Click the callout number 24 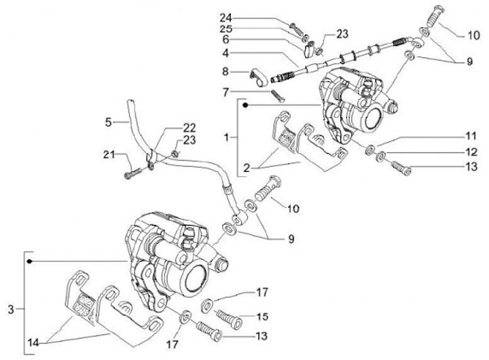click(225, 17)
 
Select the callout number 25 click(225, 29)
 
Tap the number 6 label click(225, 41)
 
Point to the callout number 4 click(225, 54)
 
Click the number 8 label click(225, 70)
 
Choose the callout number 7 click(225, 90)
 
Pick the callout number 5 click(107, 123)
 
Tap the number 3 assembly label click(10, 309)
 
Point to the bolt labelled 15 click(228, 317)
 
